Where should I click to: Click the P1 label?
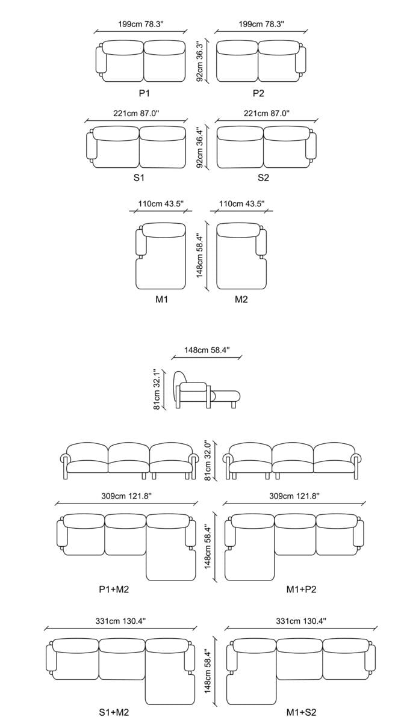144,93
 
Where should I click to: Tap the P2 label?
258,93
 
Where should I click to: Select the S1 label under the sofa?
138,178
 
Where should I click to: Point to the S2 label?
263,178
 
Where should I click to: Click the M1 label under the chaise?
161,299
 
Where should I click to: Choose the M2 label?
241,299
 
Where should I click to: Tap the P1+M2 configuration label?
114,589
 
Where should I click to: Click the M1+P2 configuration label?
301,589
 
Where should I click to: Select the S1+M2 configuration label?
114,712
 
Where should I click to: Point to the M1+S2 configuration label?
301,712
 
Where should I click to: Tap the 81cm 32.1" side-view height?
158,390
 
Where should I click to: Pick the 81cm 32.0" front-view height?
208,460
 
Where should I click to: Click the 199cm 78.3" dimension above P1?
141,24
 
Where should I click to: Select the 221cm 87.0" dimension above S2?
267,112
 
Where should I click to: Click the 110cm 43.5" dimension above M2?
241,204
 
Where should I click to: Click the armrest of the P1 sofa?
101,63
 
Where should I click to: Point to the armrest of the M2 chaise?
261,242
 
